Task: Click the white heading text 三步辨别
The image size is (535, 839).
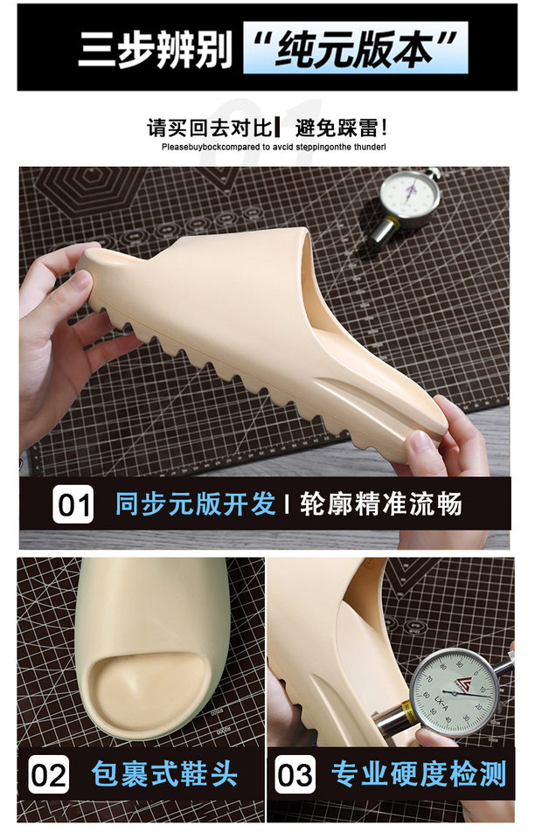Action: tap(155, 49)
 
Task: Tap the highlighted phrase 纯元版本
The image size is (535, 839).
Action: tap(357, 49)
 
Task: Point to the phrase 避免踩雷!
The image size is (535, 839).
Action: tap(340, 128)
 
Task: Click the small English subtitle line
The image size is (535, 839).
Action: tap(274, 147)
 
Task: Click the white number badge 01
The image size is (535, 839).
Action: tap(73, 504)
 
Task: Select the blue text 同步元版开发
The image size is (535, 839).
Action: tap(196, 504)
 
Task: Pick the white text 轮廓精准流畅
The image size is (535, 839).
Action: tap(380, 504)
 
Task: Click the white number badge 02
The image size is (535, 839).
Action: tap(49, 775)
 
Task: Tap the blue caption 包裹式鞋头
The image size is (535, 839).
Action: tap(164, 773)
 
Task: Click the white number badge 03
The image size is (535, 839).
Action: tap(295, 775)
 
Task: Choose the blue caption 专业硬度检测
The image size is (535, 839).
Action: tap(419, 773)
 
